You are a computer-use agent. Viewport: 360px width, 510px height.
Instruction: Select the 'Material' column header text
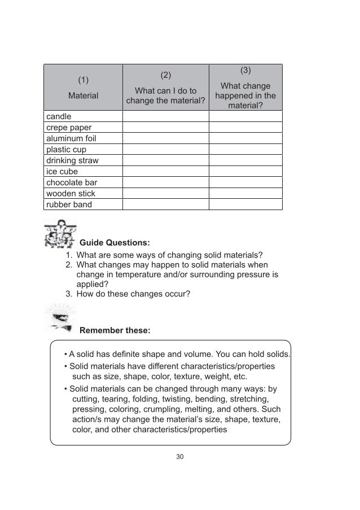[83, 96]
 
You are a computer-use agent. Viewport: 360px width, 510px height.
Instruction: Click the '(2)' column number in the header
[165, 75]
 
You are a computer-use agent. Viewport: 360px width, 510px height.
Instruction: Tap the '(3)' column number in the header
[245, 71]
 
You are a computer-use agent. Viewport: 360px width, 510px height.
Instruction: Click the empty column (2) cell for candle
[165, 116]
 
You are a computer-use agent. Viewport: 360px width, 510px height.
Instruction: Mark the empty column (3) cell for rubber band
[245, 204]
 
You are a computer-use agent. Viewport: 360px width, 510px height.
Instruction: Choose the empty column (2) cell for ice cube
[165, 172]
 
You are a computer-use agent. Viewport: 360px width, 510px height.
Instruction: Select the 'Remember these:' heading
[115, 330]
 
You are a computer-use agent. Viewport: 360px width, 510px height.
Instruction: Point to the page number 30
[180, 456]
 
